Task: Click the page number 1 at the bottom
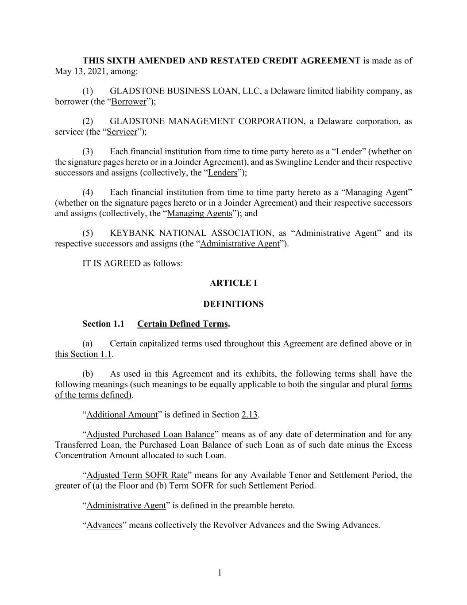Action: (220, 573)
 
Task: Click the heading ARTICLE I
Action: (233, 283)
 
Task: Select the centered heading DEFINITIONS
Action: (233, 304)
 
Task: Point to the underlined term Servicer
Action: (122, 132)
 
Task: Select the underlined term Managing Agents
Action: (200, 213)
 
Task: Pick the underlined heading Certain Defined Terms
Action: (182, 324)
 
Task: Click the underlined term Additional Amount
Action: (122, 415)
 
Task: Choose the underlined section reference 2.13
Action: (250, 415)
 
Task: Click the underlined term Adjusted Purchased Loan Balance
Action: (151, 434)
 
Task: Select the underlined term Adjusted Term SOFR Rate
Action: (137, 475)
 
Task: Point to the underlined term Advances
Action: (104, 525)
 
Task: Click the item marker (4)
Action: (88, 192)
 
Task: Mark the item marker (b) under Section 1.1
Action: (88, 374)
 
